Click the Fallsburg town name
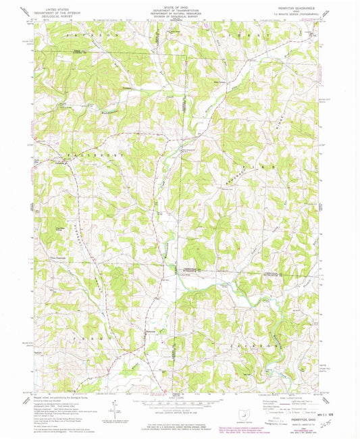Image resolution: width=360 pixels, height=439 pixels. pos(59,161)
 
